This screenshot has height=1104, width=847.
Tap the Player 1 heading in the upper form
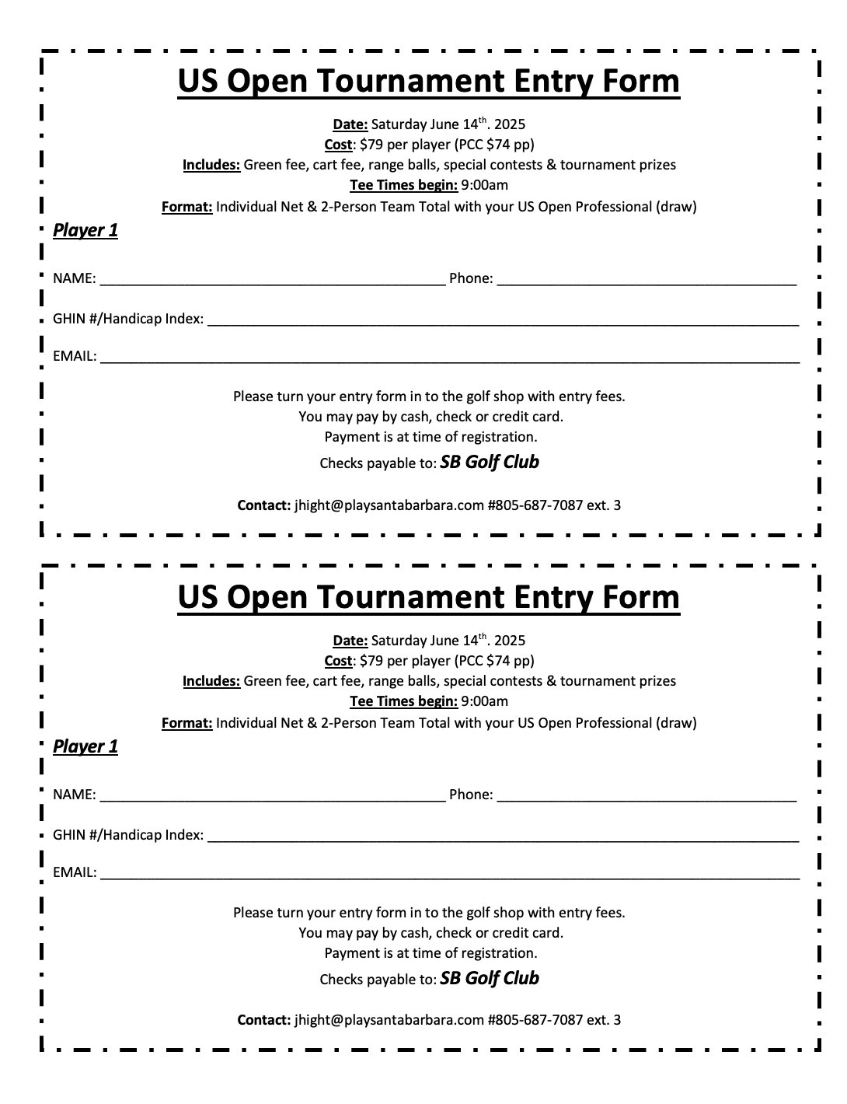tap(85, 230)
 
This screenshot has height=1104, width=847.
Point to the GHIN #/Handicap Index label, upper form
tap(128, 319)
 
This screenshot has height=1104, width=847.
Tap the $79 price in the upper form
tap(370, 145)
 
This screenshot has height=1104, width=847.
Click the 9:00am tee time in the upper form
tap(484, 185)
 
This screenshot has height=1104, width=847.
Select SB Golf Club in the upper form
tap(490, 462)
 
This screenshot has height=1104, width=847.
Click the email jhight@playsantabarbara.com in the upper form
tap(389, 505)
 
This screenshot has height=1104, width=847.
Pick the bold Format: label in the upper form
tap(187, 207)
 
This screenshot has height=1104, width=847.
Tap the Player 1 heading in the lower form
tap(85, 746)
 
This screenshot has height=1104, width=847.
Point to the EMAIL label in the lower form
tap(75, 872)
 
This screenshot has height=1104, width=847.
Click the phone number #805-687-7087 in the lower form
tap(535, 1020)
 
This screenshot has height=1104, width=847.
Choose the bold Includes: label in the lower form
tap(211, 681)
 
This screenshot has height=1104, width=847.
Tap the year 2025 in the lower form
tap(510, 641)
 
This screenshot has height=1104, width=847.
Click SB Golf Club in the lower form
tap(490, 978)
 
